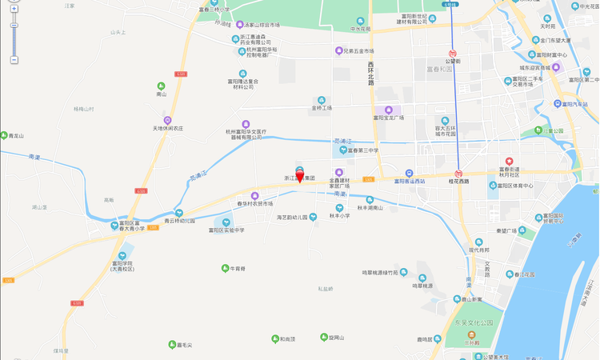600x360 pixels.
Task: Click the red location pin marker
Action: (300, 177)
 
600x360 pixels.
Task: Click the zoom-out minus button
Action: (14, 60)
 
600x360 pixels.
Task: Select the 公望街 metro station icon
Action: (452, 53)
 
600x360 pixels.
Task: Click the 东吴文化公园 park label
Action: (471, 324)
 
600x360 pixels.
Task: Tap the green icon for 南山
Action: (161, 86)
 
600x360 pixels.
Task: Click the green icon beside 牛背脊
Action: (225, 268)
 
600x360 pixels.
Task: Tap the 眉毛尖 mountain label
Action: (191, 345)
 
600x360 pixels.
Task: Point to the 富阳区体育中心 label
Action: (515, 186)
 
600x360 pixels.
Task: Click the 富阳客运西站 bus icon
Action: (409, 172)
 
